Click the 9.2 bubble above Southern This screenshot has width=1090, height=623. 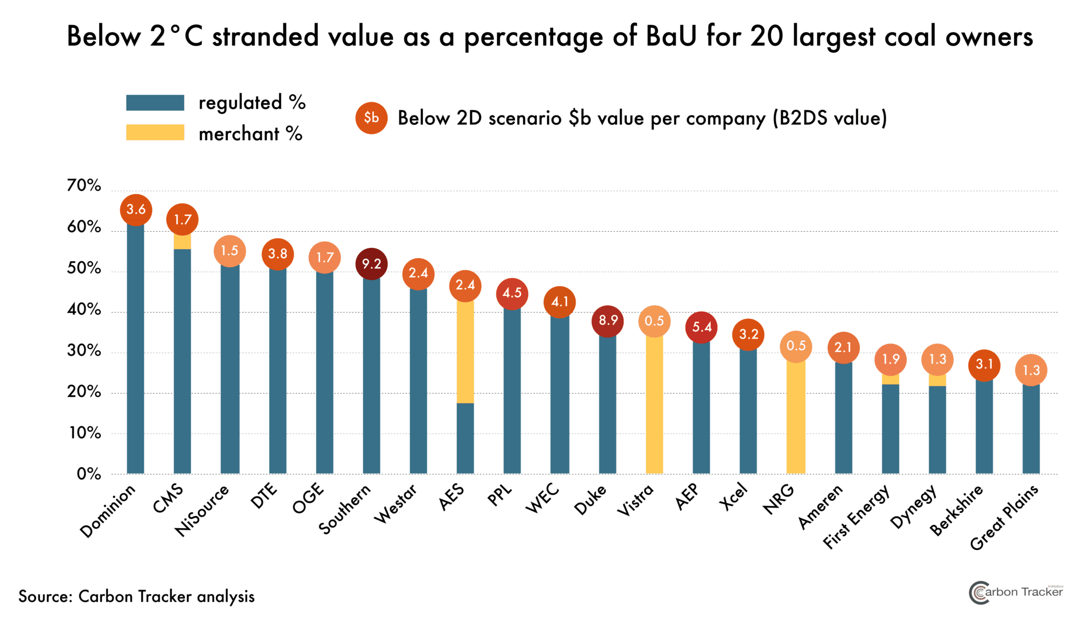pos(371,264)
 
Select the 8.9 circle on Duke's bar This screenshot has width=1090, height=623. pos(608,320)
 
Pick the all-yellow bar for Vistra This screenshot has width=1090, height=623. pos(654,403)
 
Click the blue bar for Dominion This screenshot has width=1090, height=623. pos(135,349)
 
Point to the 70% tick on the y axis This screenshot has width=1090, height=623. pos(84,186)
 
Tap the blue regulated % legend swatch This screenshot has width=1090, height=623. pos(155,102)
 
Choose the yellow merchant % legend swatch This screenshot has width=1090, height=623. pos(155,132)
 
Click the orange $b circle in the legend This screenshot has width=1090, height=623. pos(371,118)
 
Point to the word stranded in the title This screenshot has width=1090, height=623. pos(265,37)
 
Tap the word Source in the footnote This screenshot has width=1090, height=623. pos(45,596)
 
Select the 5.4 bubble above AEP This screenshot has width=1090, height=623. pos(701,327)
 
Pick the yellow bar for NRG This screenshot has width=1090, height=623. pos(796,417)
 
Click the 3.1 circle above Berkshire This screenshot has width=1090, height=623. pos(984,365)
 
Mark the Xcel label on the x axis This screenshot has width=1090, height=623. pos(734,497)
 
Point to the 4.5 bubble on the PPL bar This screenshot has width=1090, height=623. pos(512,293)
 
